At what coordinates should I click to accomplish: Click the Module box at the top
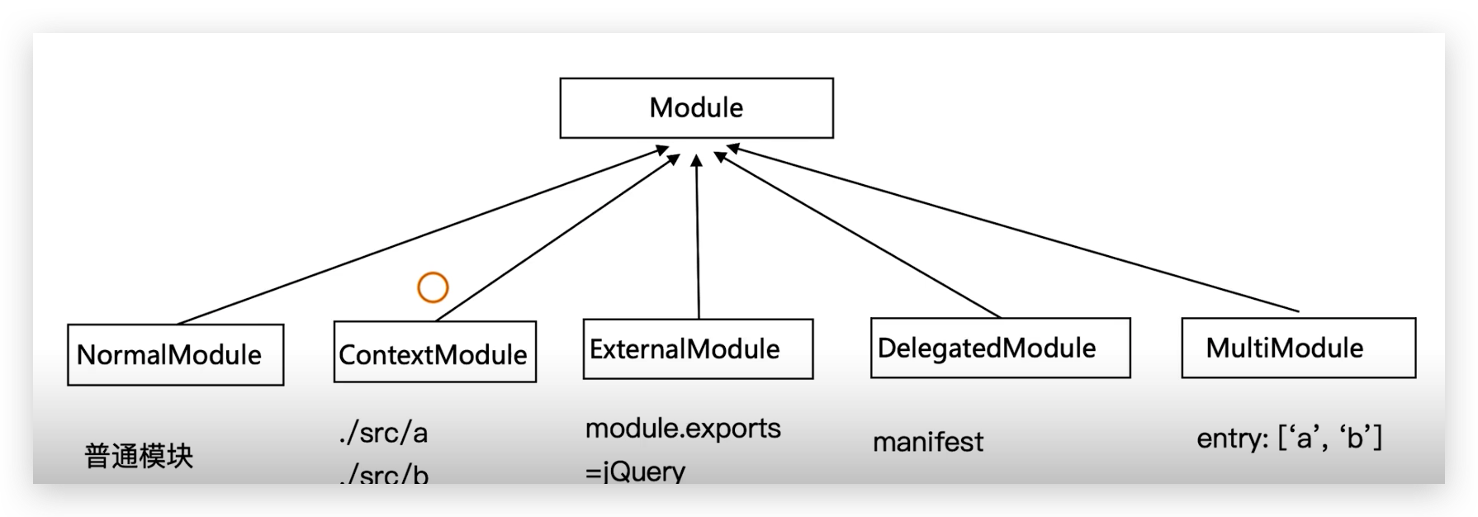coord(696,108)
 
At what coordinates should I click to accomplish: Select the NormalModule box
coord(175,355)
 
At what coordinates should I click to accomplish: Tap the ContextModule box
coord(434,353)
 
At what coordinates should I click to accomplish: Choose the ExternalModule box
coord(698,349)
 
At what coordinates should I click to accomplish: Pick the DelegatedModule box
coord(1000,349)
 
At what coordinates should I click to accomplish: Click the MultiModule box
coord(1298,348)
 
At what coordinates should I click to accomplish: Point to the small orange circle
coord(433,287)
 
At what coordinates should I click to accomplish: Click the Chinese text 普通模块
coord(139,456)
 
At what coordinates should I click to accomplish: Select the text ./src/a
coord(383,433)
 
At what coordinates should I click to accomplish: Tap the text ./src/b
coord(384,474)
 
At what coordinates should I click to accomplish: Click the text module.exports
coord(683,428)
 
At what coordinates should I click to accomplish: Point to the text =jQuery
coord(635,471)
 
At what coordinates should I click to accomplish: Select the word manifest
coord(928,442)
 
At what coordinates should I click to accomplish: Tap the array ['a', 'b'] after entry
coord(1329,438)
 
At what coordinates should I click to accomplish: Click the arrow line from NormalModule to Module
coord(421,235)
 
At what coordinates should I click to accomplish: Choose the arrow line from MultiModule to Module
coord(1011,230)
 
